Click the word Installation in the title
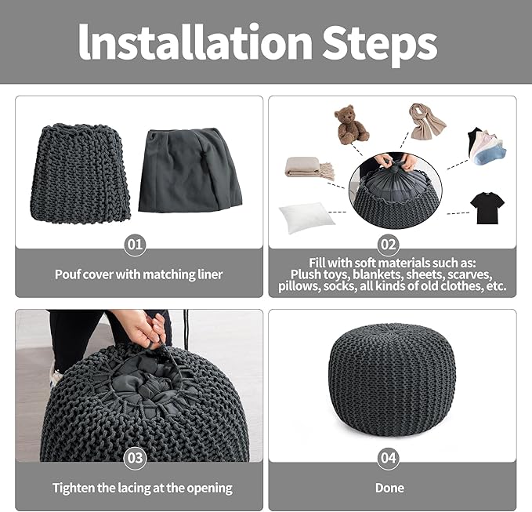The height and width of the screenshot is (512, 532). click(195, 42)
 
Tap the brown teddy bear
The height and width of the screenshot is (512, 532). click(350, 125)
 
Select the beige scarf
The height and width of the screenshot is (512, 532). click(426, 122)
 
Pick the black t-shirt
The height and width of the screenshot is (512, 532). click(487, 208)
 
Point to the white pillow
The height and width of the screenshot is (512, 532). click(306, 216)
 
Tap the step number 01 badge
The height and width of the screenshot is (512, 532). click(135, 244)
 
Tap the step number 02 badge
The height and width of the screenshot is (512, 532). click(388, 244)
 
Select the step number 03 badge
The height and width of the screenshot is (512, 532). click(135, 458)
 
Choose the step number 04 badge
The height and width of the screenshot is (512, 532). click(388, 458)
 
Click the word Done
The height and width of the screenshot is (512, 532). click(389, 488)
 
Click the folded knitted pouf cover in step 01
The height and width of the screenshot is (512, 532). click(81, 173)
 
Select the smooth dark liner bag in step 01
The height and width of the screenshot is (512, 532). click(190, 170)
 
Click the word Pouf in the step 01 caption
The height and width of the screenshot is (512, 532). click(67, 274)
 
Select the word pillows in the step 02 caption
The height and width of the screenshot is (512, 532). click(299, 286)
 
